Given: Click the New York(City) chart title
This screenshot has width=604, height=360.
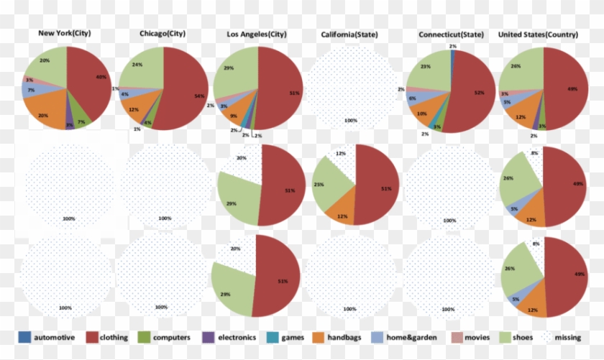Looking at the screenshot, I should point(65,34).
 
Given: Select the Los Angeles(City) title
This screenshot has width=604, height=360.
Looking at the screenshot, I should point(256,34).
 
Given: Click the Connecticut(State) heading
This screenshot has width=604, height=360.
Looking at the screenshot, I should point(449,34).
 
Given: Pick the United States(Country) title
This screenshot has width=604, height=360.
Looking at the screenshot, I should point(543,34).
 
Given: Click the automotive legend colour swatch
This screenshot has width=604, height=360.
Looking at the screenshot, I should point(24,337).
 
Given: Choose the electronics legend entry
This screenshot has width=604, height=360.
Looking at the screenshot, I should point(234,337).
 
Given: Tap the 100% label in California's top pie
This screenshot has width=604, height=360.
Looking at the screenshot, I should point(351,121).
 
